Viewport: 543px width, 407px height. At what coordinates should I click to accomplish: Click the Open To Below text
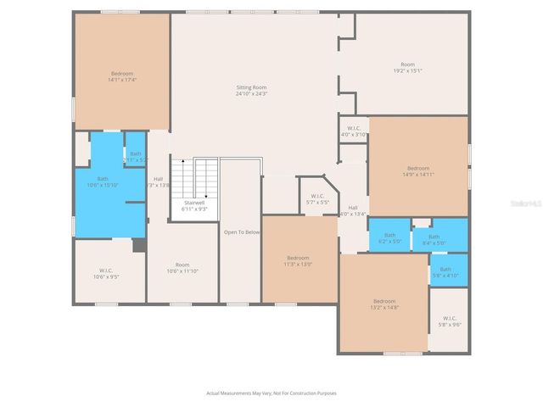pos(242,231)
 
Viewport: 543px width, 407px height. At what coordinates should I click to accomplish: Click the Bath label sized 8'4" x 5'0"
pos(434,237)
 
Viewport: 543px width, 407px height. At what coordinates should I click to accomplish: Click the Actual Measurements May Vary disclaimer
pos(271,393)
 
